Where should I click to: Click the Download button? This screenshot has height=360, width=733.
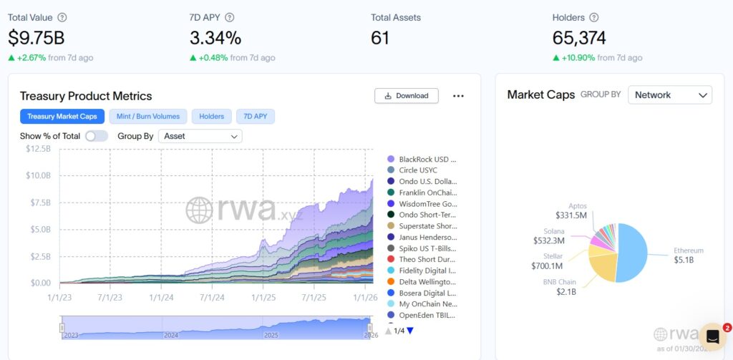[x=406, y=96]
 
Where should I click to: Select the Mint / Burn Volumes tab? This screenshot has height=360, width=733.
[x=149, y=116]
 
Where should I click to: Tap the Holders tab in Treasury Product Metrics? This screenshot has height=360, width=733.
[x=211, y=116]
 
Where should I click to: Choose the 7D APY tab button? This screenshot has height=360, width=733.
[x=256, y=116]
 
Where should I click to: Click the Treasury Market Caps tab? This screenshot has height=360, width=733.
[x=62, y=116]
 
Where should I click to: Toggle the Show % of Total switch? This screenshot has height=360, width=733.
[x=96, y=136]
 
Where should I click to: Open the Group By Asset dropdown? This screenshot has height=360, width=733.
[x=200, y=136]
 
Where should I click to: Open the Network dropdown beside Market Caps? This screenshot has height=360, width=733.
[x=669, y=94]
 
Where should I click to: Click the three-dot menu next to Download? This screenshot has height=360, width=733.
[x=458, y=96]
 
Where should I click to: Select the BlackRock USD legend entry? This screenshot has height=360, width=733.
[x=427, y=159]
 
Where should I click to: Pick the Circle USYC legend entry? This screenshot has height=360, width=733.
[x=417, y=170]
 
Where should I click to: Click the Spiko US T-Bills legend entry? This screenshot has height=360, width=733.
[x=427, y=248]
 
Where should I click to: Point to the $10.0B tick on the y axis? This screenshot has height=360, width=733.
[x=39, y=175]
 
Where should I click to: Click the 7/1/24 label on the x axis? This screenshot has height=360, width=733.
[x=212, y=296]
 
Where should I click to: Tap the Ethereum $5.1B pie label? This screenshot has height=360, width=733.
[x=688, y=256]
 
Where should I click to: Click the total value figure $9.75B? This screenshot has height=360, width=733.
[x=36, y=37]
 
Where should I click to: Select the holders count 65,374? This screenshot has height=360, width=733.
[x=579, y=37]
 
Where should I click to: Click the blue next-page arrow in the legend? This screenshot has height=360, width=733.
[x=410, y=331]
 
